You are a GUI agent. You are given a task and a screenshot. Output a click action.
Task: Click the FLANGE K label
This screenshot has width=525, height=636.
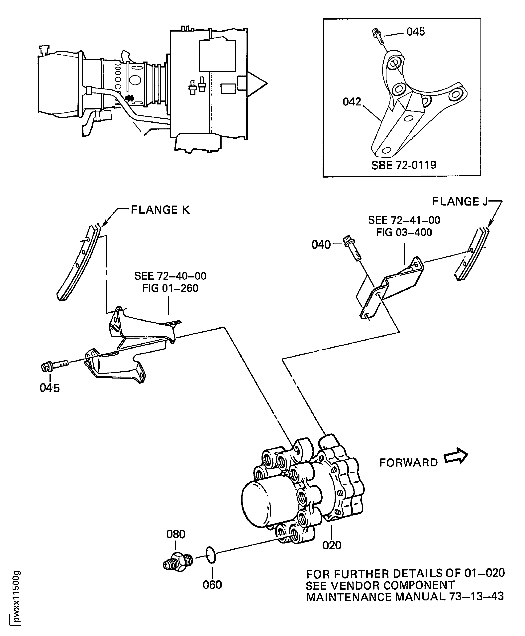(160, 210)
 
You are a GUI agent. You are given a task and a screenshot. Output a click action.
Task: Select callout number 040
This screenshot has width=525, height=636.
(321, 244)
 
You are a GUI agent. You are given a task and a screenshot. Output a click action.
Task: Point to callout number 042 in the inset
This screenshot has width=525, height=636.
(352, 102)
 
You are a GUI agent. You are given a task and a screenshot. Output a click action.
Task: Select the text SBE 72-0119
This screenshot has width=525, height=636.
(404, 165)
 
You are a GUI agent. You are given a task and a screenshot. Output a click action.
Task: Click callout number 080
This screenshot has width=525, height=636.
(176, 534)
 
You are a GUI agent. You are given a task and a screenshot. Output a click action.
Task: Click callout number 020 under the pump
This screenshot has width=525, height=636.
(332, 545)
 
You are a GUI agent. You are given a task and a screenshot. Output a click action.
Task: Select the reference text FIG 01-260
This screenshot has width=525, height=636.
(170, 288)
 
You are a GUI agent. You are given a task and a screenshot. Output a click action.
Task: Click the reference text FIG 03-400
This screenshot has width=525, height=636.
(404, 232)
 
